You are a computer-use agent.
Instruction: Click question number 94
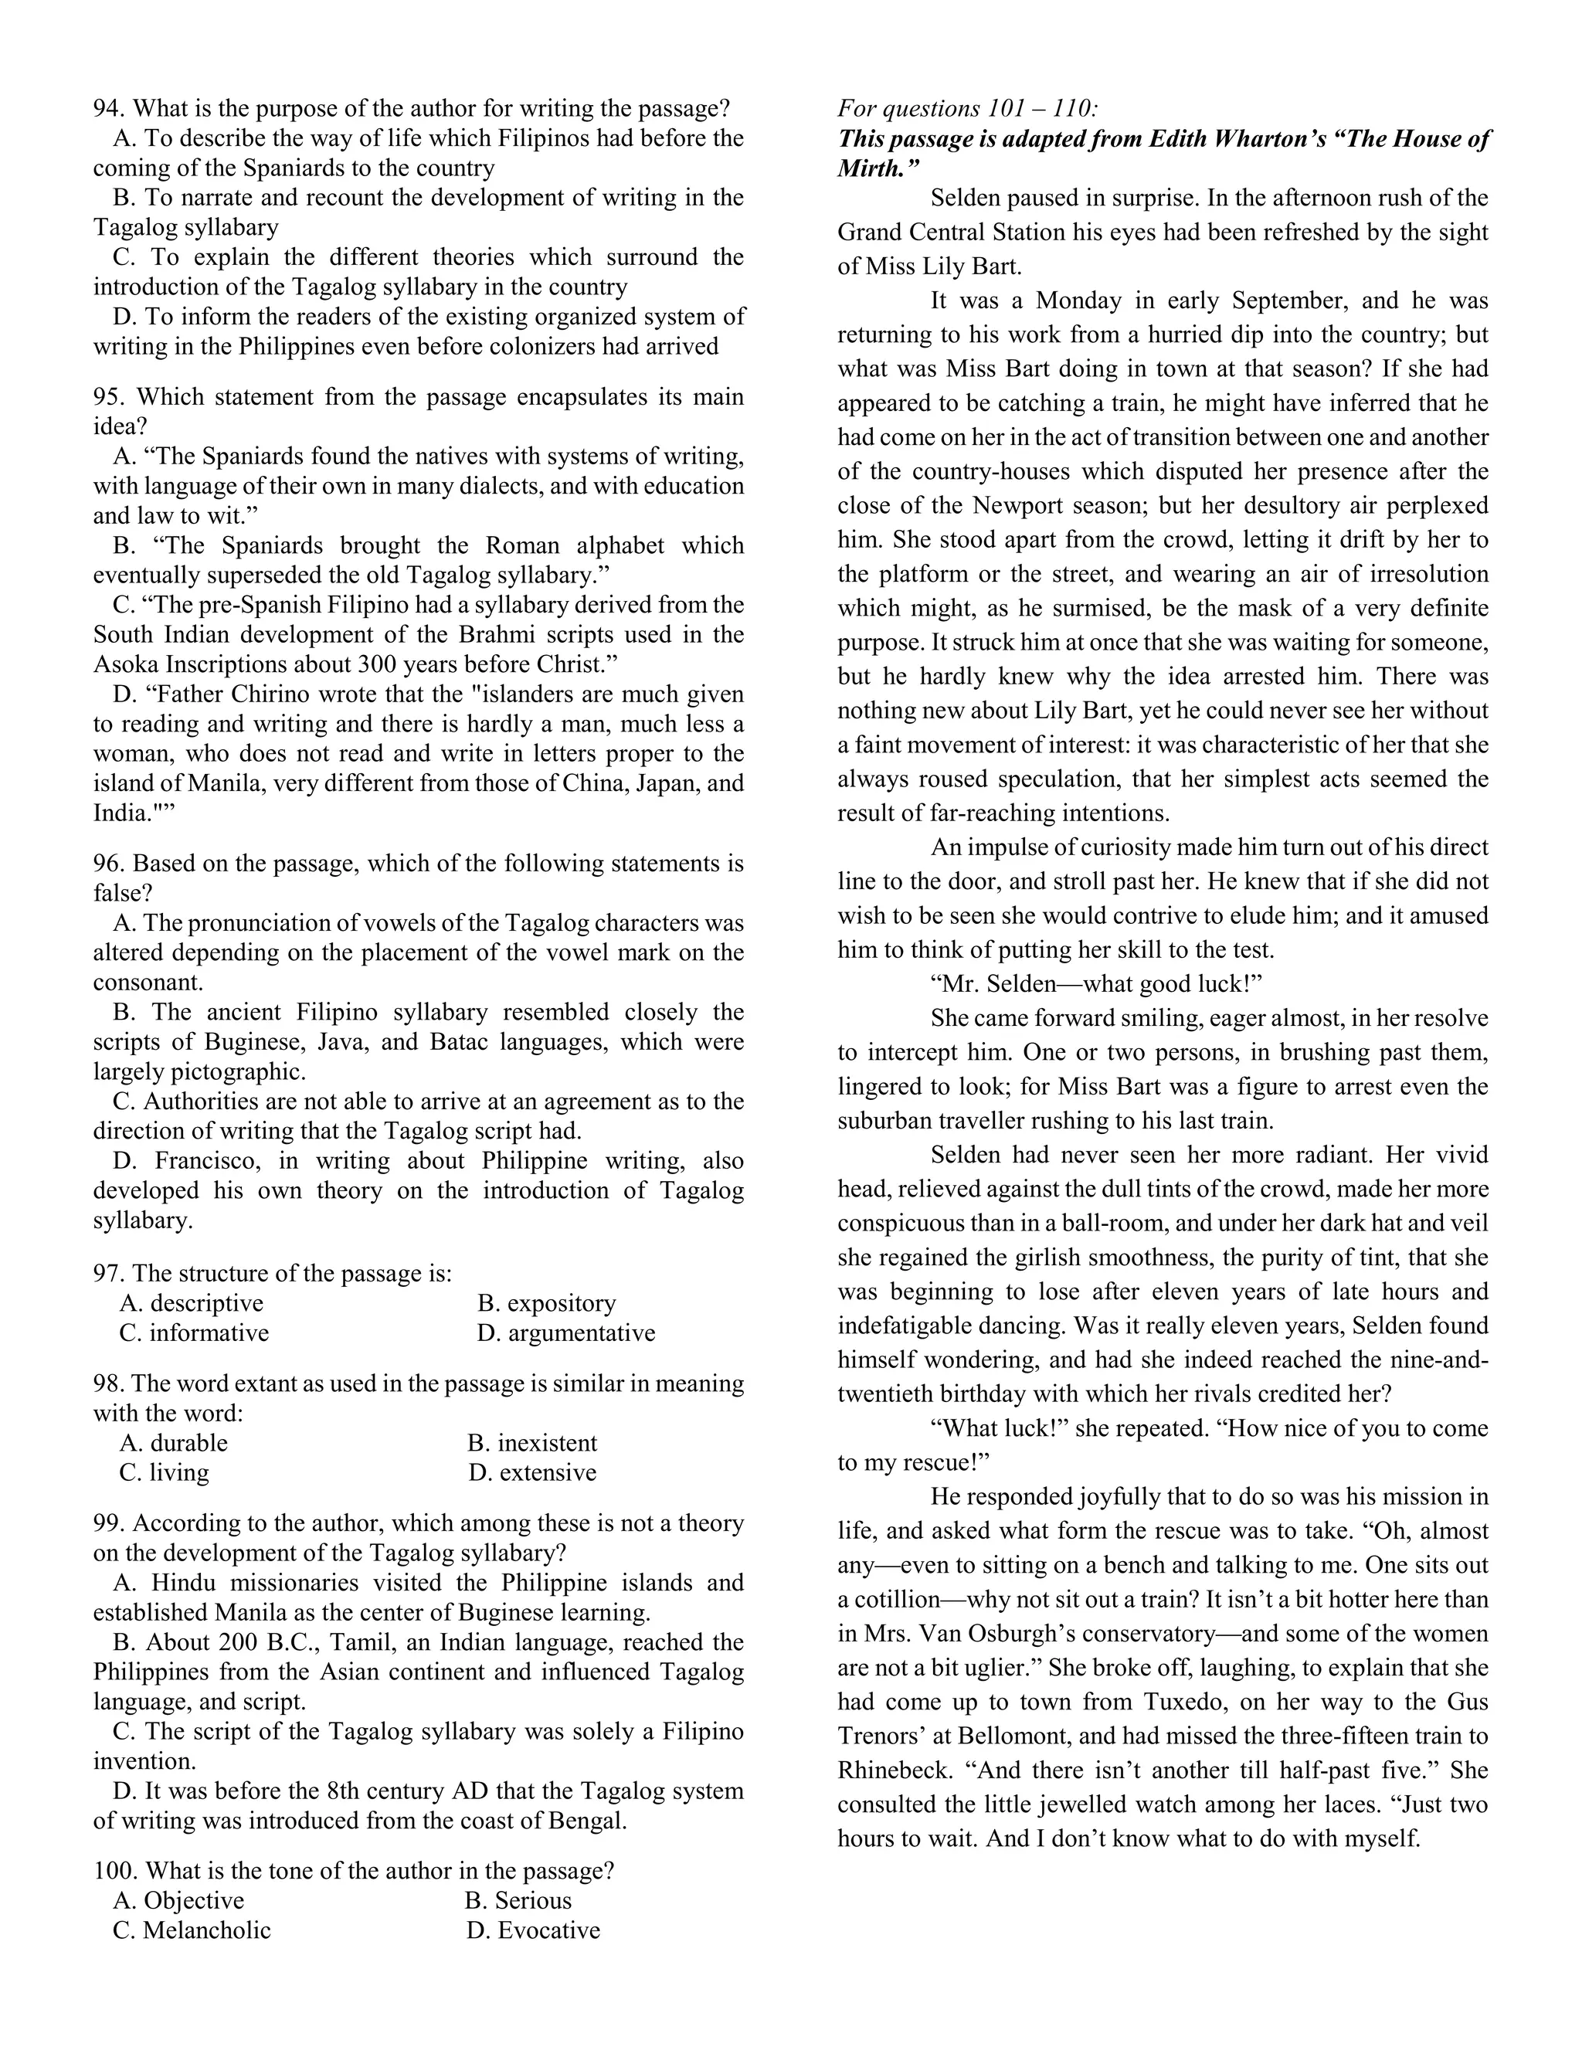click(x=110, y=109)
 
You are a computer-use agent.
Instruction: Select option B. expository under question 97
click(x=546, y=1303)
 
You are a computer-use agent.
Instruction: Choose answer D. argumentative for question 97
click(x=565, y=1332)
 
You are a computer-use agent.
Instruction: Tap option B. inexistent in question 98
click(x=531, y=1442)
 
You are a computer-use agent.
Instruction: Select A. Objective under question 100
click(x=178, y=1900)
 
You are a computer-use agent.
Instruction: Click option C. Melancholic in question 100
click(x=192, y=1930)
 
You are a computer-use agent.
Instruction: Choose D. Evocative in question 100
click(x=532, y=1930)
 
